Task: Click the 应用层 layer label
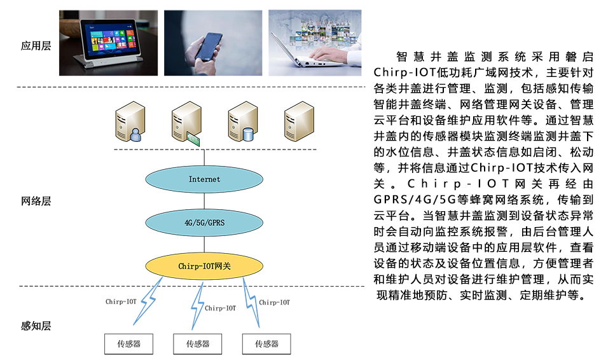click(x=36, y=46)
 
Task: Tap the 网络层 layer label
click(x=36, y=201)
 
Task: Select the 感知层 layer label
click(x=36, y=326)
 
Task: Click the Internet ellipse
click(x=204, y=179)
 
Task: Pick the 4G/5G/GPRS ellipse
click(x=204, y=223)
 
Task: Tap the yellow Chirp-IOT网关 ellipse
click(x=204, y=266)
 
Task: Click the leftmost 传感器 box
click(x=128, y=344)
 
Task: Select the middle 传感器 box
click(x=197, y=344)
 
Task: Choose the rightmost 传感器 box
click(x=266, y=344)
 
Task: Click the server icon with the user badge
click(x=130, y=121)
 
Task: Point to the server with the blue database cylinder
click(x=242, y=121)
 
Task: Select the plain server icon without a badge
click(x=299, y=121)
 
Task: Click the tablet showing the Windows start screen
click(x=109, y=43)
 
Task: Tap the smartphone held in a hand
click(x=213, y=43)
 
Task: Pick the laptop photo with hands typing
click(x=315, y=43)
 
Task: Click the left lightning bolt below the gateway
click(x=148, y=301)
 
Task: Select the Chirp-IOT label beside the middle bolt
click(x=221, y=308)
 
